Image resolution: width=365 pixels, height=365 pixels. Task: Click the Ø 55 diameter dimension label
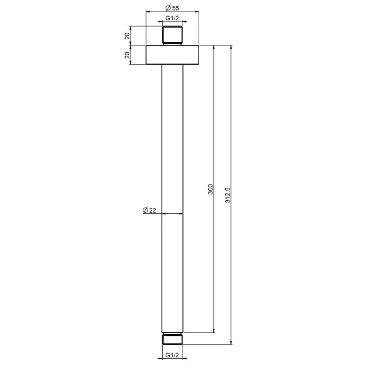pyautogui.click(x=172, y=8)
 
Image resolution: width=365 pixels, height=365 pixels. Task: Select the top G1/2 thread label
pyautogui.click(x=172, y=18)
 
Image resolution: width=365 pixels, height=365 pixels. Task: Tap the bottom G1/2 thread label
pyautogui.click(x=172, y=355)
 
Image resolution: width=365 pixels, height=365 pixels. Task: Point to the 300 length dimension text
pyautogui.click(x=210, y=189)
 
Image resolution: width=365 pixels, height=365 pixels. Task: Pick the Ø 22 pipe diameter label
pyautogui.click(x=149, y=210)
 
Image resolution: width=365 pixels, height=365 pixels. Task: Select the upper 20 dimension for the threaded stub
pyautogui.click(x=127, y=36)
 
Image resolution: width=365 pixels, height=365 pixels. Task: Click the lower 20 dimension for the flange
pyautogui.click(x=127, y=55)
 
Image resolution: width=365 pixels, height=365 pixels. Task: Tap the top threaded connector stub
pyautogui.click(x=172, y=35)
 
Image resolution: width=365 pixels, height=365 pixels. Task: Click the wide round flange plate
pyautogui.click(x=172, y=55)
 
